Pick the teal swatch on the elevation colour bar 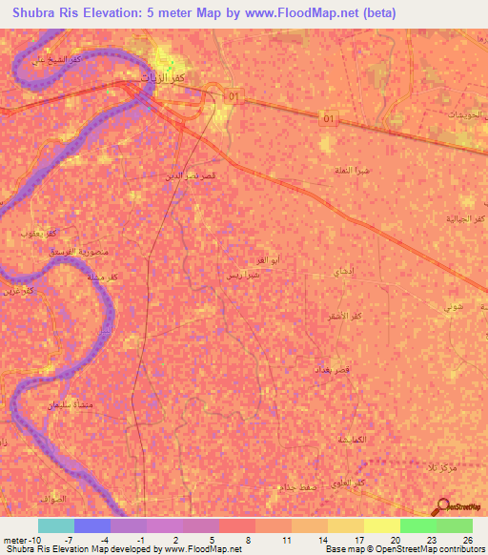[55, 525]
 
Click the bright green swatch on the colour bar [417, 525]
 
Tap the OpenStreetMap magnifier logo [442, 508]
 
